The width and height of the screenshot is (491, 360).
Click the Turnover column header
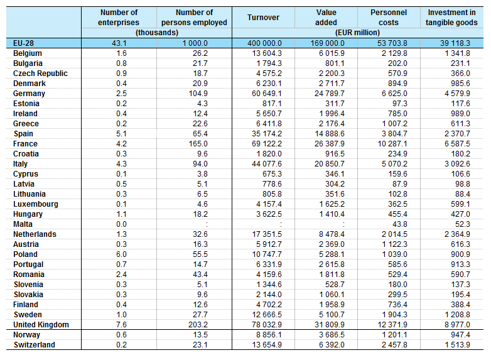pyautogui.click(x=263, y=18)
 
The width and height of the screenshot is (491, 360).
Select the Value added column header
pyautogui.click(x=326, y=18)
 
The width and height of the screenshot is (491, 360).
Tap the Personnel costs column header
pyautogui.click(x=389, y=18)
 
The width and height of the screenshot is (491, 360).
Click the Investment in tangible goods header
pyautogui.click(x=451, y=18)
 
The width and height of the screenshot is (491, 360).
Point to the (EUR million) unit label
pyautogui.click(x=357, y=33)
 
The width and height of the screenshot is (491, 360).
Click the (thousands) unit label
pyautogui.click(x=156, y=33)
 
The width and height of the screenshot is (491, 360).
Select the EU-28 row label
pyautogui.click(x=23, y=43)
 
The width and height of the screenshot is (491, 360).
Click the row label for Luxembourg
pyautogui.click(x=36, y=204)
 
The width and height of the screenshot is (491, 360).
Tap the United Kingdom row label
pyautogui.click(x=41, y=325)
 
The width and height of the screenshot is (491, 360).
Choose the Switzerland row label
pyautogui.click(x=34, y=345)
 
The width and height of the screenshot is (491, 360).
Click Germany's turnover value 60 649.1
pyautogui.click(x=267, y=94)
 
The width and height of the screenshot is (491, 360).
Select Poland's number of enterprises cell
pyautogui.click(x=122, y=254)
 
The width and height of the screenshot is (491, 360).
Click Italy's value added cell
pyautogui.click(x=330, y=164)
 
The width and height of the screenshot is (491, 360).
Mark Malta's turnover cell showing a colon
pyautogui.click(x=281, y=224)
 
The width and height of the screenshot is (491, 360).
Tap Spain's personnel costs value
pyautogui.click(x=394, y=134)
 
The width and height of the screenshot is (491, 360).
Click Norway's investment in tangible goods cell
pyautogui.click(x=460, y=335)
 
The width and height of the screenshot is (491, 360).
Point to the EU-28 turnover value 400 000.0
pyautogui.click(x=264, y=43)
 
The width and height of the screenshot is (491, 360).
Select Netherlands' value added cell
pyautogui.click(x=332, y=234)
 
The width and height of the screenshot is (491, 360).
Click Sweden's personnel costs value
pyautogui.click(x=394, y=315)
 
